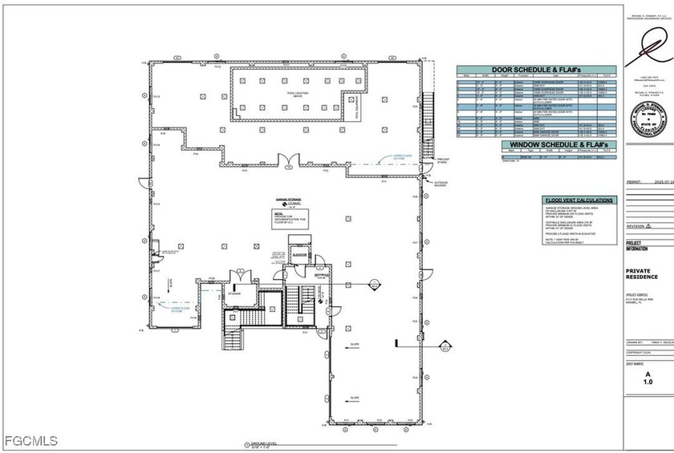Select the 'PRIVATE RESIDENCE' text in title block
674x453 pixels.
642,274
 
